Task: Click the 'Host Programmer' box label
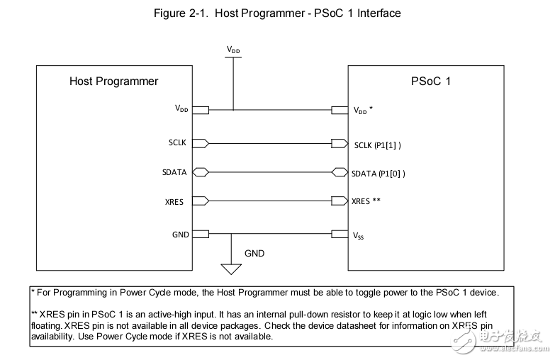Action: click(113, 81)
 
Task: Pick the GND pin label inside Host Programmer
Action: click(180, 234)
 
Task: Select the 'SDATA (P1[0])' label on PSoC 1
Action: click(379, 172)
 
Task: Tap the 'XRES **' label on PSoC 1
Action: click(366, 201)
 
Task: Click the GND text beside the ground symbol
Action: click(255, 252)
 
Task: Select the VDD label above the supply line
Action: click(233, 50)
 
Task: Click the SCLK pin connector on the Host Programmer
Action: click(200, 143)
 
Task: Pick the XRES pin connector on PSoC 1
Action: click(340, 201)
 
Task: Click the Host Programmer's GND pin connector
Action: click(200, 234)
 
